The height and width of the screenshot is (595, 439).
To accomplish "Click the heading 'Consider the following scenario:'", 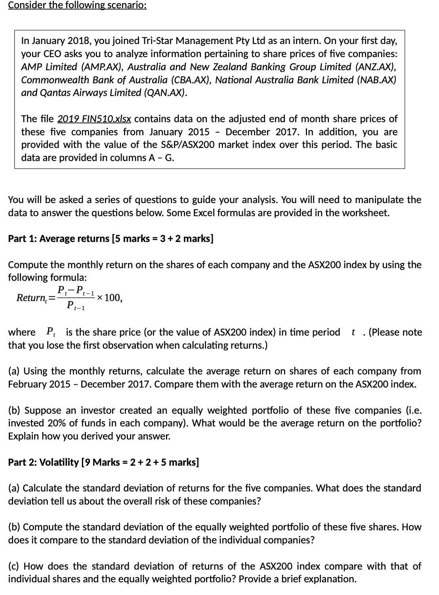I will [77, 6].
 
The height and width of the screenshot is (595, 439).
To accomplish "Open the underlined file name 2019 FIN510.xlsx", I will [94, 119].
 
